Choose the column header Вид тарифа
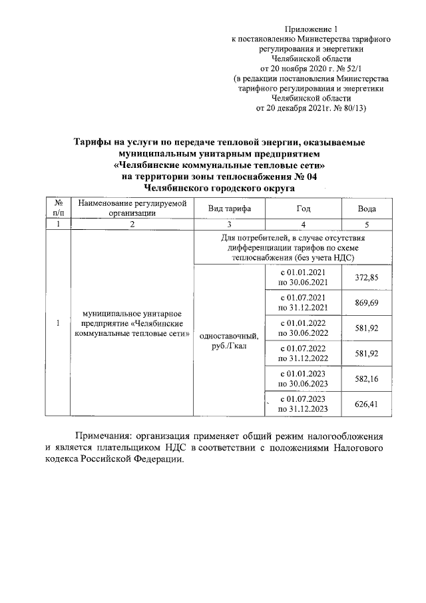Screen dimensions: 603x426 coord(229,209)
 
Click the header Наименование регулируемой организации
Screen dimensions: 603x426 coord(132,208)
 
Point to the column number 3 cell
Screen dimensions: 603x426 coord(229,225)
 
